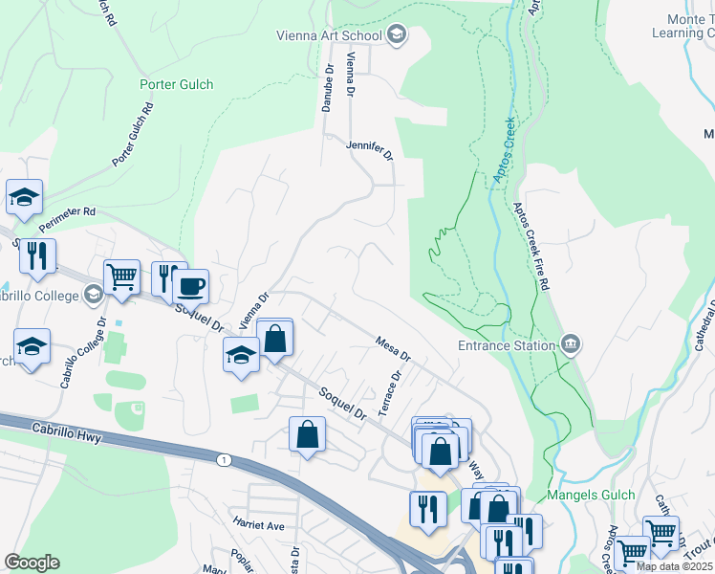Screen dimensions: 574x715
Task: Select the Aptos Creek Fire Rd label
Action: (531, 246)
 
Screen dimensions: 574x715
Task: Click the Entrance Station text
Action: (506, 345)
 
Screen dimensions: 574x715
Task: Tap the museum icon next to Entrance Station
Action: (570, 343)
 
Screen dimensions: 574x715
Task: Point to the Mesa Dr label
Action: (393, 348)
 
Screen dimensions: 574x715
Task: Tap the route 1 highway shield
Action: (222, 461)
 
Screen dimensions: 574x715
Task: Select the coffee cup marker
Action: (190, 285)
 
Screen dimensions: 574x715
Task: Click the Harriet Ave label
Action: (259, 525)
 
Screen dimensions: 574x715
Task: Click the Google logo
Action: (32, 563)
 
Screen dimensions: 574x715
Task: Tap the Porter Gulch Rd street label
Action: (133, 135)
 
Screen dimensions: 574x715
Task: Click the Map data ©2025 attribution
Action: (674, 566)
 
